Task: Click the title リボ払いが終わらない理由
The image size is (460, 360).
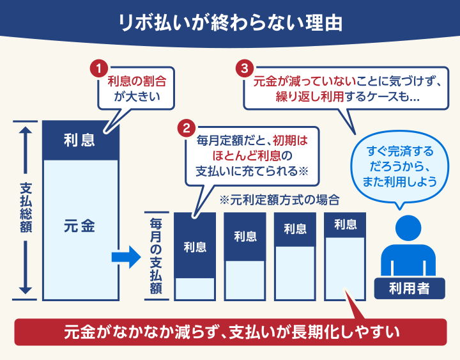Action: coord(230,22)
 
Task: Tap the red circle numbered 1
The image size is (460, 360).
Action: coord(99,68)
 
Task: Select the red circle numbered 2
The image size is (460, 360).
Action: coord(187,129)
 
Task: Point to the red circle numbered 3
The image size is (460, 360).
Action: coord(245,68)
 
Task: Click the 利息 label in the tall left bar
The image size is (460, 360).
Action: coord(79,140)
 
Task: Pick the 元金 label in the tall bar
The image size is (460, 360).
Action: coord(79,226)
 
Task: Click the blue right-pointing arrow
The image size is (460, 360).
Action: coord(126,257)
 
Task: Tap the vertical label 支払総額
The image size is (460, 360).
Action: coord(26,208)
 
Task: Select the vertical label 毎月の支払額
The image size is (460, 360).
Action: coord(156,256)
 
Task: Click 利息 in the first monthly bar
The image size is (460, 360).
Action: coord(195,247)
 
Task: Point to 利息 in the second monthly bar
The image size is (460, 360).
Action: coord(245,237)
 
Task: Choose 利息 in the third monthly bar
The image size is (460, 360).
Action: coord(295,229)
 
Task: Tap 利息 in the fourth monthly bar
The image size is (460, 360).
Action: coord(345,224)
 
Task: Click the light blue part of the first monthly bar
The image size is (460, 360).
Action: coord(195,289)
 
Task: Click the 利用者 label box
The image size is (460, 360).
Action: coord(410,288)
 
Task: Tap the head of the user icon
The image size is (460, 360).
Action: coord(408,228)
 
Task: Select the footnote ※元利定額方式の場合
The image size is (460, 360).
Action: coord(279,200)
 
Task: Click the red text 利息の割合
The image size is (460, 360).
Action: coord(137,81)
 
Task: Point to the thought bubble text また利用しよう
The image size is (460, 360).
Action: coord(399,182)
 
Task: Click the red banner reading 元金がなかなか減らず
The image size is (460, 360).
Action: coord(231,332)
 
